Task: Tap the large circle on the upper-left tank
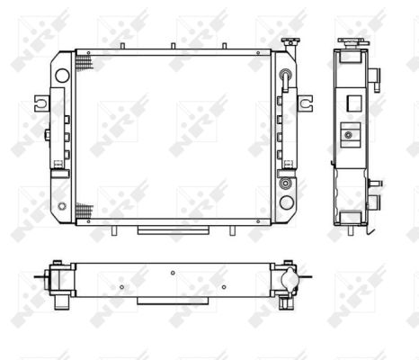(62, 76)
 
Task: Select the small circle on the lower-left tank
(62, 206)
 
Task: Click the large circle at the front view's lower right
(287, 202)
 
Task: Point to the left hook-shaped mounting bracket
(41, 103)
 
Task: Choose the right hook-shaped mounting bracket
(305, 103)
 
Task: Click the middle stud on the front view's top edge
(173, 46)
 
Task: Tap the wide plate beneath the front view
(174, 230)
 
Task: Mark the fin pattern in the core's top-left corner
(85, 64)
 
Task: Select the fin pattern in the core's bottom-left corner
(85, 210)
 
